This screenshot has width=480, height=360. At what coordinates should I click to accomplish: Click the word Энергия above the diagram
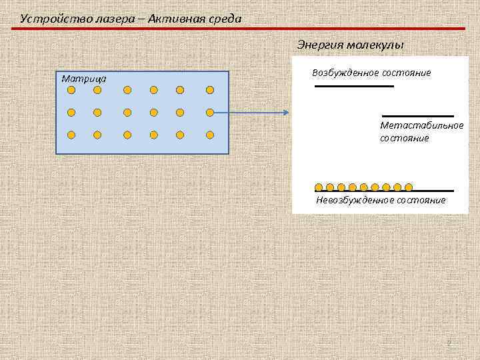click(x=319, y=45)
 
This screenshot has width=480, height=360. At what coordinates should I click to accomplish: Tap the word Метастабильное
click(x=421, y=125)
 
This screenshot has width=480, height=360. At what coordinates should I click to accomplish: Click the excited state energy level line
click(x=354, y=86)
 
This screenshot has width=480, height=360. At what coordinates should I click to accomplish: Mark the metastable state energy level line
click(x=418, y=116)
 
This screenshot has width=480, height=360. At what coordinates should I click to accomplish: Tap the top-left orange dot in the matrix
click(x=71, y=89)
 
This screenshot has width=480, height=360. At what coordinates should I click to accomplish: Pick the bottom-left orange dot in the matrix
click(x=71, y=135)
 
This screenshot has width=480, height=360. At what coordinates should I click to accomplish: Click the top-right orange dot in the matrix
click(x=210, y=89)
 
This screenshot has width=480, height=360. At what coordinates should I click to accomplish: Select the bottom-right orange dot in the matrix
click(x=210, y=135)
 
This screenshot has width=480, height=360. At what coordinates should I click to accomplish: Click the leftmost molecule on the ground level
click(x=319, y=187)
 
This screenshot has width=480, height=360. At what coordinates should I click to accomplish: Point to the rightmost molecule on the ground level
click(x=409, y=187)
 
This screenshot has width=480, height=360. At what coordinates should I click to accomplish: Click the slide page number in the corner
click(x=449, y=343)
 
